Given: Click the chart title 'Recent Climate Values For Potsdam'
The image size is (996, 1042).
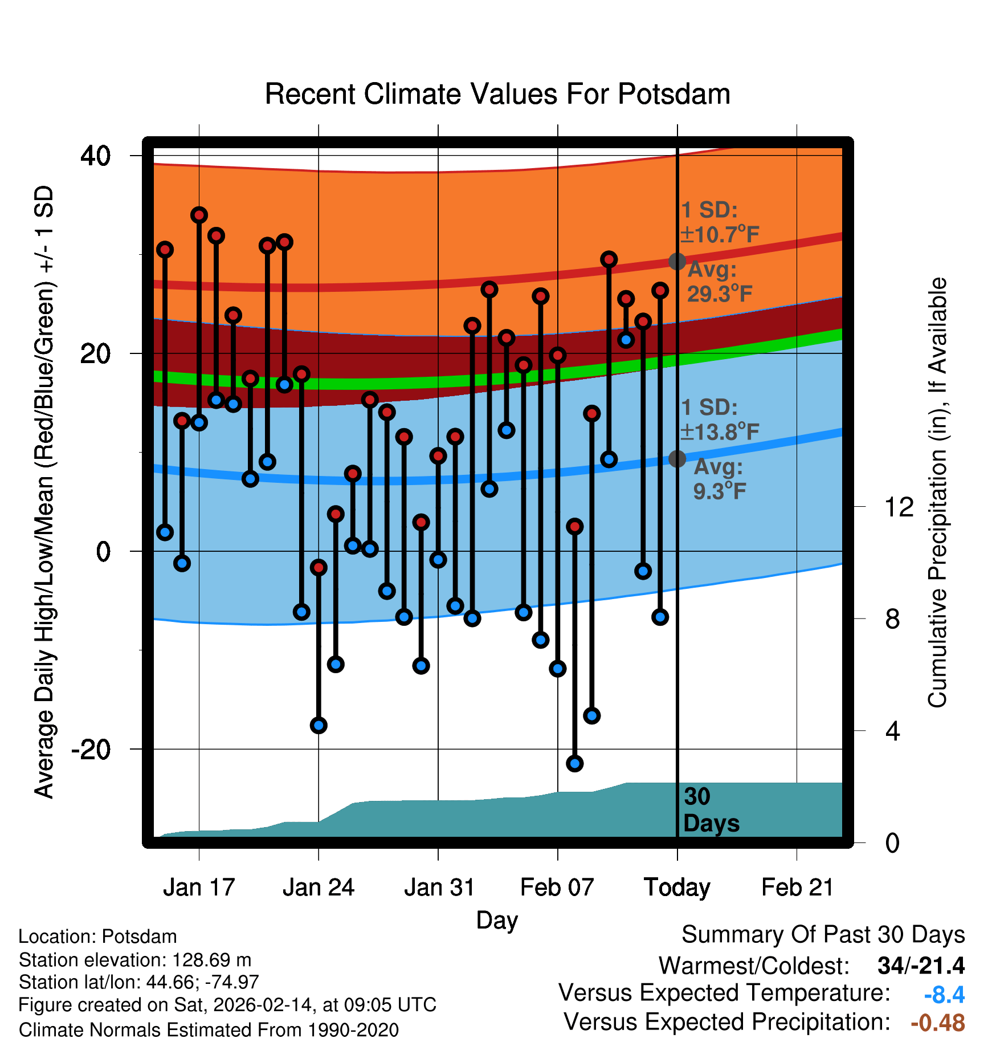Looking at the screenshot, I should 497,94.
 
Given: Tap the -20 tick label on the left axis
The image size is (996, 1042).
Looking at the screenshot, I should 91,748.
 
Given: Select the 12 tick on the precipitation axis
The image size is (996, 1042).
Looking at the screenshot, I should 899,507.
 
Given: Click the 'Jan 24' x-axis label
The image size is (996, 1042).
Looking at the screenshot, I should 319,888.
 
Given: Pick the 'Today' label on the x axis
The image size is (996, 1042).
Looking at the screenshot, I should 677,888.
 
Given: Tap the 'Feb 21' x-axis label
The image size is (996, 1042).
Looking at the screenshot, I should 797,888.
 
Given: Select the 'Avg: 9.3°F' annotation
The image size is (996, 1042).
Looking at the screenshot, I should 719,479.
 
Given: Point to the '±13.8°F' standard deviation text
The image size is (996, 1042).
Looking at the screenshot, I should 720,432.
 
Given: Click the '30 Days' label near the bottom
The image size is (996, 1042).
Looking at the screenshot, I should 711,810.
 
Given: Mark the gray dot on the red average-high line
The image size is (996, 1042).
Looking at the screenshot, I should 677,262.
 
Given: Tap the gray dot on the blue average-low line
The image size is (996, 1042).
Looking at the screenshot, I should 677,458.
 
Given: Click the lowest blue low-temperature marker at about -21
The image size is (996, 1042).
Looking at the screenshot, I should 575,763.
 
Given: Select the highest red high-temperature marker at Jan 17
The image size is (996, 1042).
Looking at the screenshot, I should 199,215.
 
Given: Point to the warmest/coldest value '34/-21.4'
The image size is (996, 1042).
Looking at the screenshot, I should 921,966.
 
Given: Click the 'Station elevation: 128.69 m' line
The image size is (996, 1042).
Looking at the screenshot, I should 135,960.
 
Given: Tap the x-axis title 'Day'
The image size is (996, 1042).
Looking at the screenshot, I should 497,920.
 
